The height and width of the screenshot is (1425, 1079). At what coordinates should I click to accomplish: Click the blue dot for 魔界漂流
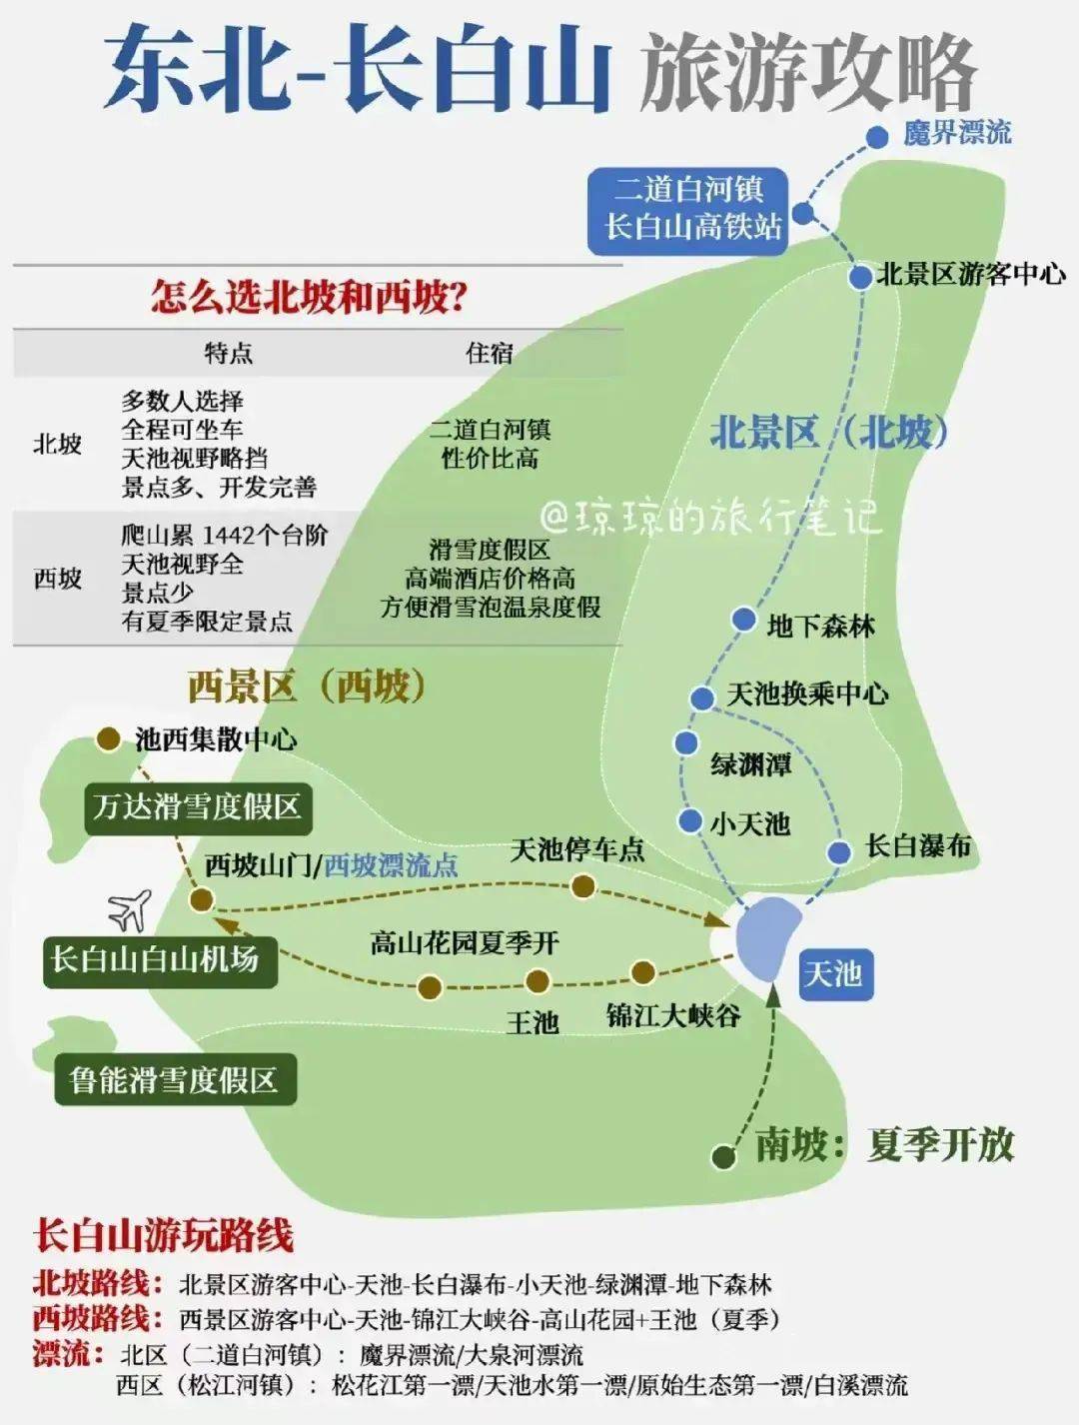876,137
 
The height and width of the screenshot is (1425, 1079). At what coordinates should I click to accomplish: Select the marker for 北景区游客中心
860,277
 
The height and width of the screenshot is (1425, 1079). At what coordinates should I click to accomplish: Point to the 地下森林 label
820,627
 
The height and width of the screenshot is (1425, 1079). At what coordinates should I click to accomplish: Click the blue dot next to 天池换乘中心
702,697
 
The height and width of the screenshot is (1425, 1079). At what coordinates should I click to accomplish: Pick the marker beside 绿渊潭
685,742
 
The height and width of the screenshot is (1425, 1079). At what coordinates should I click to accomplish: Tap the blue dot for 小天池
689,820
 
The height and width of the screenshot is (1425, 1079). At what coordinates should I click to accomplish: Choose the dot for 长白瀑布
839,852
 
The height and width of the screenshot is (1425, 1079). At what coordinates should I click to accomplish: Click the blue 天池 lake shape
767,937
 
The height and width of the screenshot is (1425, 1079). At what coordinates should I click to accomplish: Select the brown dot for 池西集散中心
108,738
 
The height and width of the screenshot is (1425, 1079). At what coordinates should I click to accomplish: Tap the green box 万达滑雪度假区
197,806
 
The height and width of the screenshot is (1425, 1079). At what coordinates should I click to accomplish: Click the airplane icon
130,908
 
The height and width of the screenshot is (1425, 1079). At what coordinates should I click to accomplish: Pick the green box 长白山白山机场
157,960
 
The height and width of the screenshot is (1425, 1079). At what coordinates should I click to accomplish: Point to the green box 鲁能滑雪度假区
174,1079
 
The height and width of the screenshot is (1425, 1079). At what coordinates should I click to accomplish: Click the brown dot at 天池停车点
582,885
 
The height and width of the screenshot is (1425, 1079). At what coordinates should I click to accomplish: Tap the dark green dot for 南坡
724,1156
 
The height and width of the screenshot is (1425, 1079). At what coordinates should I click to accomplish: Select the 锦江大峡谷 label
673,1016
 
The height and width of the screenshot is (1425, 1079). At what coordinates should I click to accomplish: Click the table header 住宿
489,353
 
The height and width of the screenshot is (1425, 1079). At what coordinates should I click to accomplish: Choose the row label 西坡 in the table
57,578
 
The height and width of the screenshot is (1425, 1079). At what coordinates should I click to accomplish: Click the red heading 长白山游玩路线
164,1236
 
